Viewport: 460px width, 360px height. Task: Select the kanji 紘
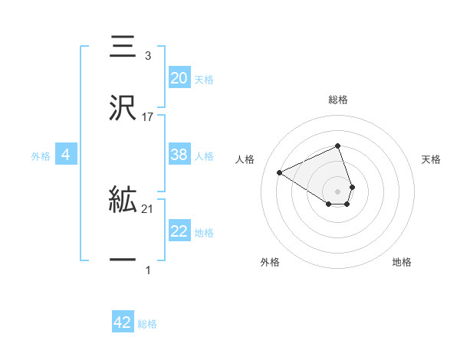coord(123,201)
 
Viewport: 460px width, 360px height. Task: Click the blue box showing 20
coord(179,78)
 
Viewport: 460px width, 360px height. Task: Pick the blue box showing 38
coord(179,155)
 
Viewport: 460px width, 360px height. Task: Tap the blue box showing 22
coord(179,231)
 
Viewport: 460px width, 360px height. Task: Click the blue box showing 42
coord(123,322)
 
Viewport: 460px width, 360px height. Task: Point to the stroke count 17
coord(148,116)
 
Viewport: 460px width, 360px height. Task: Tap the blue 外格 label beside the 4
coord(41,156)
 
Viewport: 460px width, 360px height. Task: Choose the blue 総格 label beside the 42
coord(147,324)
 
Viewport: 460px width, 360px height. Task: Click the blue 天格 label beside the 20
coord(204,80)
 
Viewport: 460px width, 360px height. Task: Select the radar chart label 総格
coord(338,100)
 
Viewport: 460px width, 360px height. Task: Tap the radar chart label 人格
coord(245,159)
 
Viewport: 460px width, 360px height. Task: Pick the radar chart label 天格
coord(432,159)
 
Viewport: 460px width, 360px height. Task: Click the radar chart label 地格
coord(402,262)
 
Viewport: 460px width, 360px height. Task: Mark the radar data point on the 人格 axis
coord(280,172)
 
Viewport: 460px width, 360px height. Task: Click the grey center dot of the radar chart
coord(338,191)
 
